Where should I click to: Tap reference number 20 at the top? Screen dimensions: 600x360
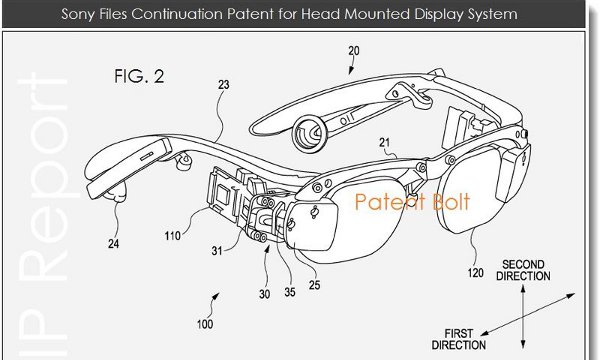pyautogui.click(x=354, y=51)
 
